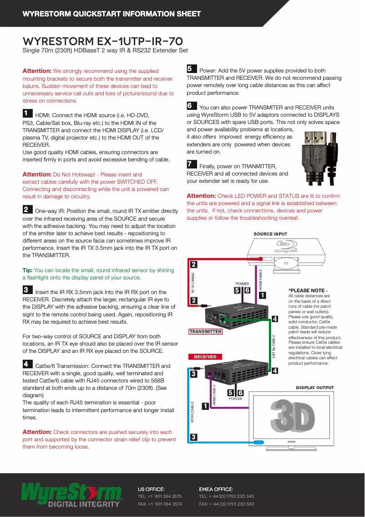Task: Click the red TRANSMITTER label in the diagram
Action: (x=206, y=331)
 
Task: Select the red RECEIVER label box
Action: (x=205, y=357)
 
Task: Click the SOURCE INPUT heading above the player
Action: (x=271, y=234)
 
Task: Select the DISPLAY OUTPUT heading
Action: (x=315, y=388)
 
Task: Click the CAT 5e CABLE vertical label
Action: (x=274, y=346)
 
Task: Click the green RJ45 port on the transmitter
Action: (x=223, y=319)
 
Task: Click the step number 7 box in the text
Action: (x=192, y=164)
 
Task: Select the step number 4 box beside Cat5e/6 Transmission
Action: (x=27, y=364)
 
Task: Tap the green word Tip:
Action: (x=27, y=270)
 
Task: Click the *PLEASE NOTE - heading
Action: (x=308, y=290)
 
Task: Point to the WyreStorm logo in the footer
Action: (x=71, y=494)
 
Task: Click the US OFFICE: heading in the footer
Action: (x=151, y=489)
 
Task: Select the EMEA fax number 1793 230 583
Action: (x=227, y=504)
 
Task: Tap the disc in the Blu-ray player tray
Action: (x=287, y=262)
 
